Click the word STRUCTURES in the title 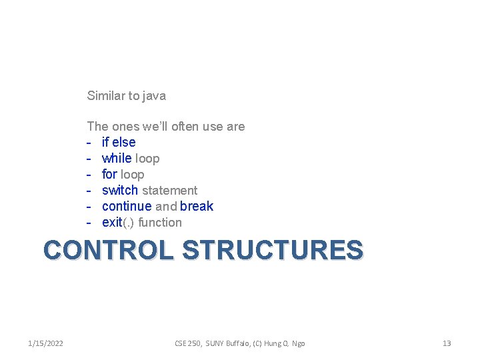(273, 250)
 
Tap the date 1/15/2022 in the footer (46, 343)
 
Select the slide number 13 (447, 343)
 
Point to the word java (155, 96)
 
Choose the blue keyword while (117, 159)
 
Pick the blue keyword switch (120, 191)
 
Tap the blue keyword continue (127, 207)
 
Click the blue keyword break (197, 207)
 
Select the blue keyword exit (112, 223)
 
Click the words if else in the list (119, 143)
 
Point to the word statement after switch (169, 191)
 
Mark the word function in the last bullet (160, 223)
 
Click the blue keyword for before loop (109, 175)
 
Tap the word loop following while (147, 159)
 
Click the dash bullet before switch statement (89, 191)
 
